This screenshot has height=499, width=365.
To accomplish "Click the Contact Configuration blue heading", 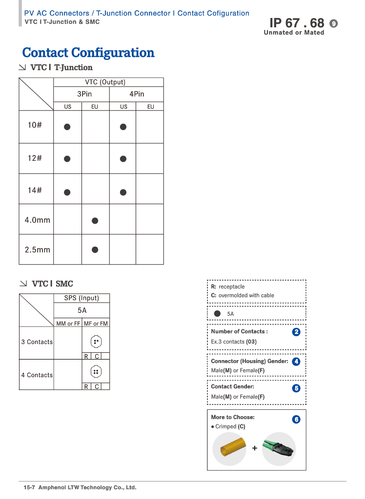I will pyautogui.click(x=88, y=53).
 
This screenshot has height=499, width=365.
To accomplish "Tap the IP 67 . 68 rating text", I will pyautogui.click(x=297, y=23).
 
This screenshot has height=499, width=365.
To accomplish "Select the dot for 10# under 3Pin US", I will pyautogui.click(x=67, y=127).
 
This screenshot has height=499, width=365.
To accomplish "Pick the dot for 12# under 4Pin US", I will pyautogui.click(x=123, y=158).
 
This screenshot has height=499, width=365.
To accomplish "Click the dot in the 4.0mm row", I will pyautogui.click(x=95, y=220).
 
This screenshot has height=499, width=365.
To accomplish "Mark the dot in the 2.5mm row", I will pyautogui.click(x=95, y=249).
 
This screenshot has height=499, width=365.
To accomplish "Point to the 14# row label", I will pyautogui.click(x=35, y=190).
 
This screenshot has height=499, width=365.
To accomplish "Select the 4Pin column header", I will pyautogui.click(x=137, y=94).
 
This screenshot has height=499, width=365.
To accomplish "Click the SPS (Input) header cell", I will pyautogui.click(x=81, y=298).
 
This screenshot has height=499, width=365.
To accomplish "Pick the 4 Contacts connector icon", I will pyautogui.click(x=96, y=372).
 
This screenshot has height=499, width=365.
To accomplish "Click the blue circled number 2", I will pyautogui.click(x=296, y=332).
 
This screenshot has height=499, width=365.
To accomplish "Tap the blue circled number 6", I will pyautogui.click(x=296, y=419).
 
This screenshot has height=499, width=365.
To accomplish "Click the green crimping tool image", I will pyautogui.click(x=279, y=448).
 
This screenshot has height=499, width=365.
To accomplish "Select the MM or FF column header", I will pyautogui.click(x=68, y=324).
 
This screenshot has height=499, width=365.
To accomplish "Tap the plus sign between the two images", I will pyautogui.click(x=255, y=448).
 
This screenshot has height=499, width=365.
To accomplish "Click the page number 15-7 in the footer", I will pyautogui.click(x=30, y=487).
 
